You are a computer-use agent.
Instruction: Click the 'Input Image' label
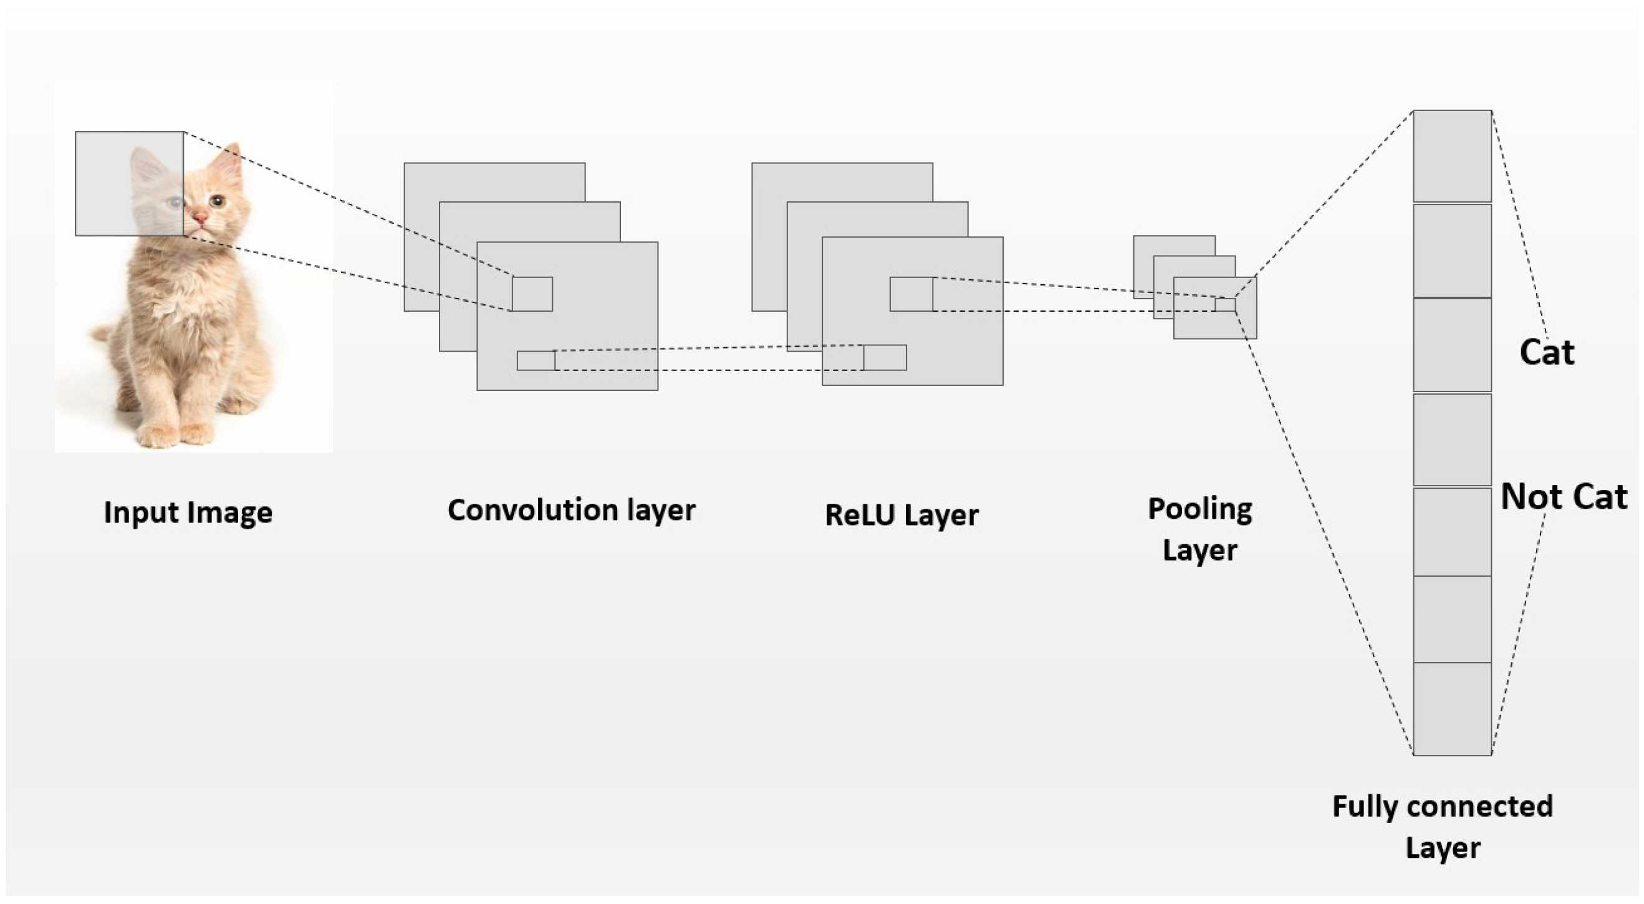(x=188, y=512)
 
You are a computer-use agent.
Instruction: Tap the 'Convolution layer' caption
(x=571, y=510)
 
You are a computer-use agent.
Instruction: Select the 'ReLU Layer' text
(x=901, y=514)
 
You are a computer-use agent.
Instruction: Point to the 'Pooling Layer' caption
(x=1200, y=529)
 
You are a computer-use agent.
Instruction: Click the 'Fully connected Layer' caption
(x=1443, y=827)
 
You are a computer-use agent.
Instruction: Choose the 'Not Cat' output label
(x=1563, y=497)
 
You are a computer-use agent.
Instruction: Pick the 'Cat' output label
(x=1546, y=352)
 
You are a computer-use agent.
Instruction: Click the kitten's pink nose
(x=200, y=219)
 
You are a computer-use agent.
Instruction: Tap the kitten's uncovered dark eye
(x=217, y=202)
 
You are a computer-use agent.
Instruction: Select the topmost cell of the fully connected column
(x=1452, y=156)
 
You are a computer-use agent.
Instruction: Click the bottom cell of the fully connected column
(x=1452, y=709)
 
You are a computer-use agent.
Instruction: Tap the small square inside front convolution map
(x=532, y=294)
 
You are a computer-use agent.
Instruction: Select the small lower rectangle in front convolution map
(x=536, y=361)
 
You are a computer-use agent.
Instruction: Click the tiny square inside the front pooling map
(x=1224, y=304)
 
